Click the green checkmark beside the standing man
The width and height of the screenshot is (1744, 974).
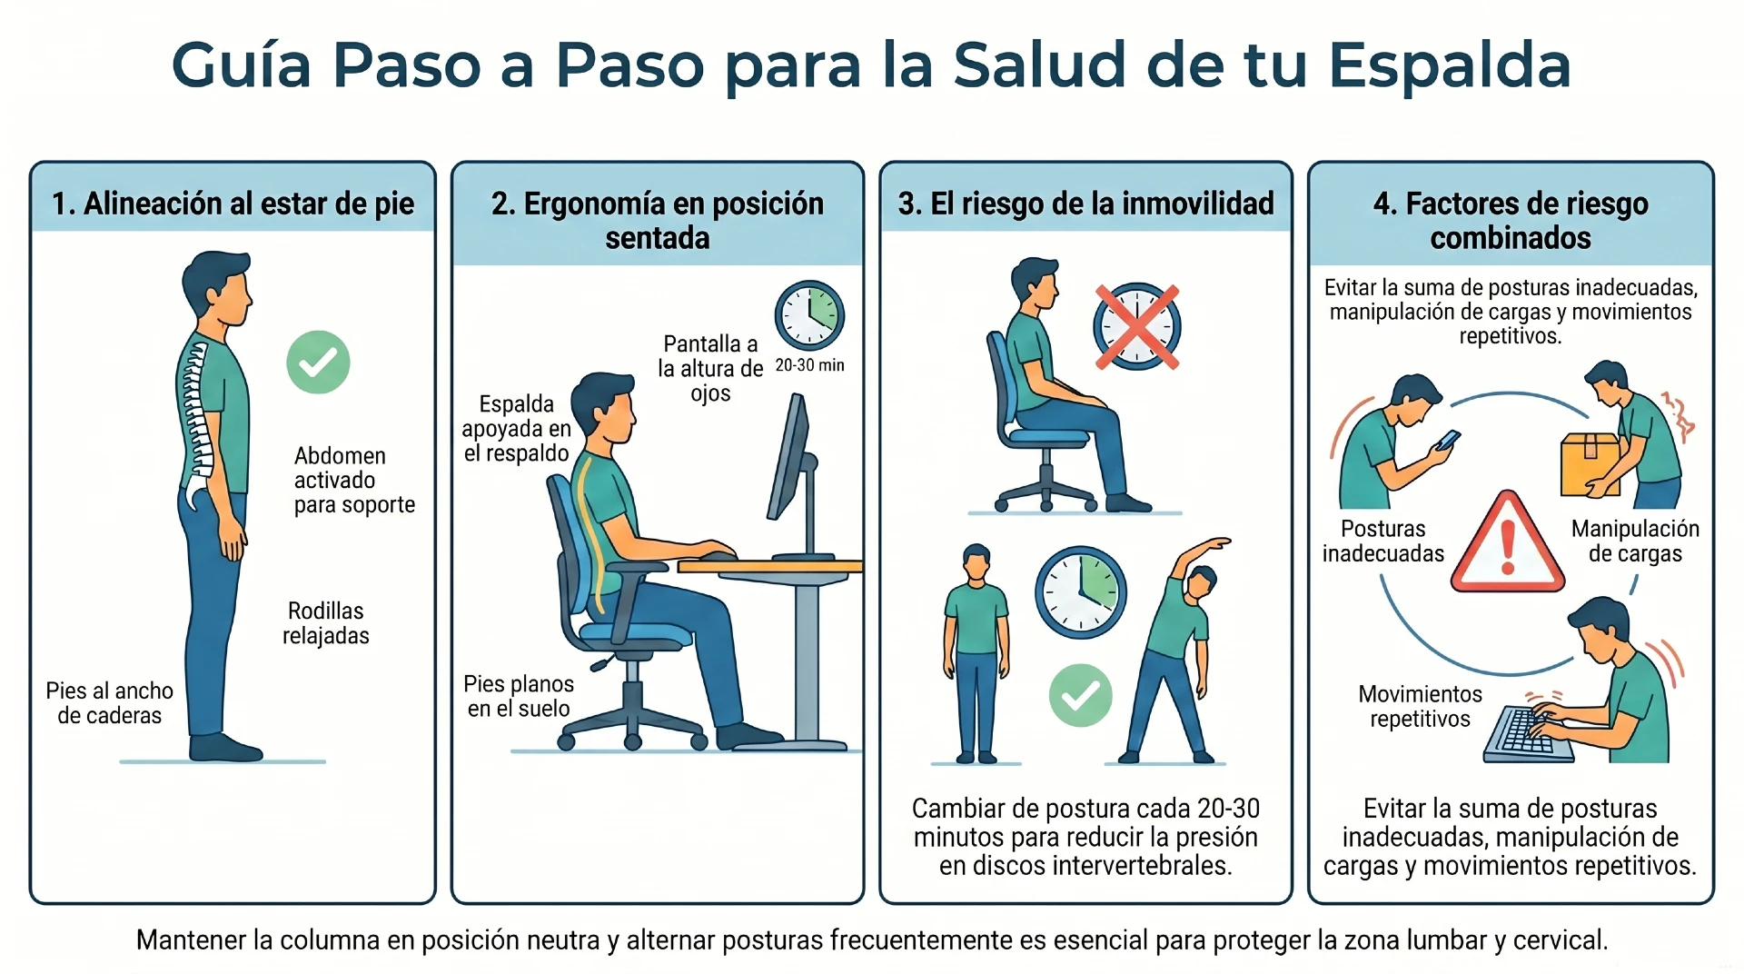pos(318,362)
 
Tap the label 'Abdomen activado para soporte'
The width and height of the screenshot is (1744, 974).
pos(353,480)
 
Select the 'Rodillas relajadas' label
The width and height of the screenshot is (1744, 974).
pos(325,623)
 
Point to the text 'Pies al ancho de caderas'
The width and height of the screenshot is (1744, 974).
pos(109,703)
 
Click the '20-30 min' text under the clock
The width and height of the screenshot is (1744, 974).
pos(809,365)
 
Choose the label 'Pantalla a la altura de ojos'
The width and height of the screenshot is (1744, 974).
pos(710,369)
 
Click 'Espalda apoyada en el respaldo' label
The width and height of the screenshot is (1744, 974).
pos(516,429)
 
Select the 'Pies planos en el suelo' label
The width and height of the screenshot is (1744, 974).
pos(519,696)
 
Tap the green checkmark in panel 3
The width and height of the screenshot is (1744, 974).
pos(1080,696)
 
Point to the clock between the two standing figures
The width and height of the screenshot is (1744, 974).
pos(1080,592)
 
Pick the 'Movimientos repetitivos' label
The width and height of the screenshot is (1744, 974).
pos(1420,707)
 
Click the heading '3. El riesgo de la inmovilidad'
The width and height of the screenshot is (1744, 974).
pos(1085,204)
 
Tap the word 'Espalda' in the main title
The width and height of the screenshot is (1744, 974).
pos(1450,65)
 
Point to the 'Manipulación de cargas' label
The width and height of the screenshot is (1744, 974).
pos(1634,542)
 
